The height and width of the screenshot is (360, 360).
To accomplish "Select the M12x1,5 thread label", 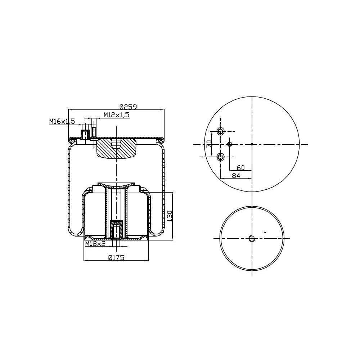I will [116, 115].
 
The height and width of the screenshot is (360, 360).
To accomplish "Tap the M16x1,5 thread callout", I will [62, 121].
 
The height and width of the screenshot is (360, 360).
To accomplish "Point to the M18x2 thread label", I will [95, 244].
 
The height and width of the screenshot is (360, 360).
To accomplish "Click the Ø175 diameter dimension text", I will [116, 257].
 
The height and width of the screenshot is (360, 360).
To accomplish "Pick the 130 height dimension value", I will [170, 216].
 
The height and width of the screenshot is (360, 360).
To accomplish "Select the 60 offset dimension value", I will [241, 168].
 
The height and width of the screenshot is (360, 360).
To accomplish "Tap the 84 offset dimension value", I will [236, 175].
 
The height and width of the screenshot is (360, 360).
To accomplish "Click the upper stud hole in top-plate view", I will [221, 131].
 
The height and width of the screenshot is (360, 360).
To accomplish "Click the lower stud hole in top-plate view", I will [221, 157].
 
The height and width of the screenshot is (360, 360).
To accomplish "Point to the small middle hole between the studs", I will [230, 144].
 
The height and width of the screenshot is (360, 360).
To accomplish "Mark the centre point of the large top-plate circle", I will [252, 144].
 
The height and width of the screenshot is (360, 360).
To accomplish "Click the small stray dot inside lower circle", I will [265, 232].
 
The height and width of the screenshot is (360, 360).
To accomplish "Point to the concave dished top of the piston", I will [116, 186].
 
